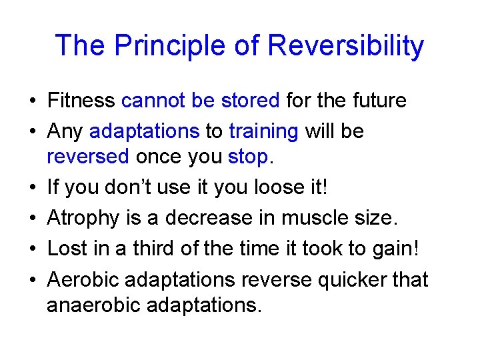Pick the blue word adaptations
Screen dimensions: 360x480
coord(144,131)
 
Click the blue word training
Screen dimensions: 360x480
coord(263,131)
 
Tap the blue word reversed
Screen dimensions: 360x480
coord(88,157)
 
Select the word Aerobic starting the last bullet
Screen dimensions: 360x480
coord(83,279)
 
